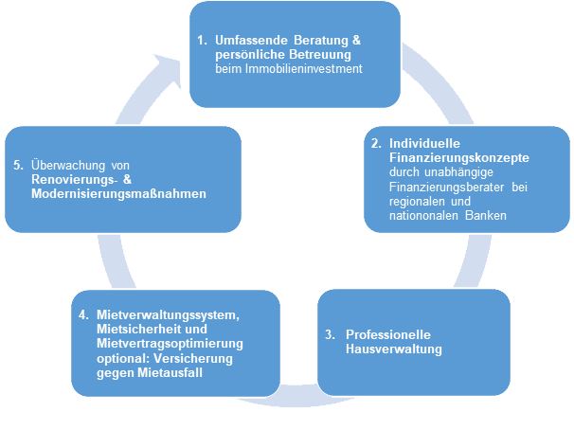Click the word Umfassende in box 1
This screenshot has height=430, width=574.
pos(249,42)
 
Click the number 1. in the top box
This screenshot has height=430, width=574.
pos(202,42)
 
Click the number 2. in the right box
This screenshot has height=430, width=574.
pos(375,143)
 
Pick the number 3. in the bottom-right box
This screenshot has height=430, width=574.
pos(329,335)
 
